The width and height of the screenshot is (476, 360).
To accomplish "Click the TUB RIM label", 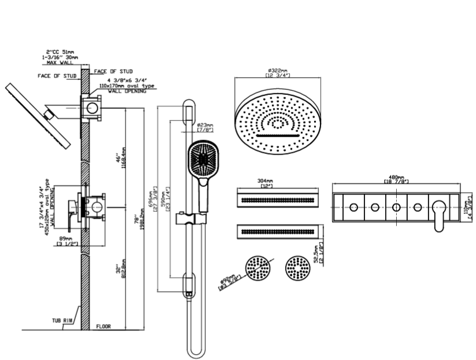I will coord(61,320).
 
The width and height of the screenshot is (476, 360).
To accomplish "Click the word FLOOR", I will coord(104,326).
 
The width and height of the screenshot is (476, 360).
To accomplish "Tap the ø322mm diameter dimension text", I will coord(278,71).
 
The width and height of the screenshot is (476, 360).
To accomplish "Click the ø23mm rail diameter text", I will coord(205,124).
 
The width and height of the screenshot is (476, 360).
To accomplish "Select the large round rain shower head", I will coord(278,122).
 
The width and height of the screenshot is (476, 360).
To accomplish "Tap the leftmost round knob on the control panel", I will coord(354,207).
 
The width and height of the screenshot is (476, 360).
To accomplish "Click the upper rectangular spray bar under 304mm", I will coord(278,200).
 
